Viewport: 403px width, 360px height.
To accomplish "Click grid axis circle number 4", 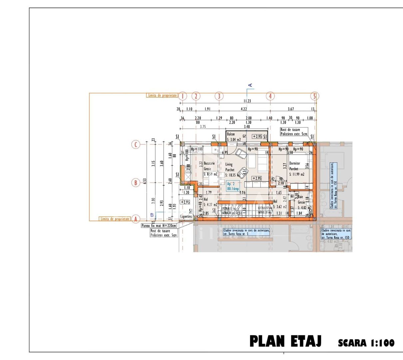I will [x=270, y=96].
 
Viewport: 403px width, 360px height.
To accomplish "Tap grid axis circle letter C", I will [x=136, y=145].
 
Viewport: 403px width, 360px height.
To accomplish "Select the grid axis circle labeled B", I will [x=136, y=183].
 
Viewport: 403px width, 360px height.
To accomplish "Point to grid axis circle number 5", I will [x=314, y=96].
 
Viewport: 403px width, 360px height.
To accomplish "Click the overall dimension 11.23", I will [x=247, y=101].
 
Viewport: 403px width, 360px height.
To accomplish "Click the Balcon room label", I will [x=231, y=134].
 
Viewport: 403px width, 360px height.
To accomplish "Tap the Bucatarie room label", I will [x=209, y=164].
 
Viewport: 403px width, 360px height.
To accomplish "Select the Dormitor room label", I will [x=295, y=164].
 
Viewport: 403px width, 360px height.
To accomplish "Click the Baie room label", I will [x=301, y=197].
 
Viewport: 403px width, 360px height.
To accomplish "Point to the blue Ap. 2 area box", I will [x=233, y=186].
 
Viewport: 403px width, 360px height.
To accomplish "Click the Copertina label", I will [x=186, y=217].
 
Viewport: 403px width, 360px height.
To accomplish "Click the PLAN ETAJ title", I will [x=285, y=341].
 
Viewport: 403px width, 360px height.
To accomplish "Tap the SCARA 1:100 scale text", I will [x=366, y=343].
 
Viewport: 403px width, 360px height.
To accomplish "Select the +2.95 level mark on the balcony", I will [x=257, y=136].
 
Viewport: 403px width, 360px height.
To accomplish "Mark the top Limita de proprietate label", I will [x=162, y=96].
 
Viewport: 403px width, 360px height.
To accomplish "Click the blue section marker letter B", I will [x=152, y=215].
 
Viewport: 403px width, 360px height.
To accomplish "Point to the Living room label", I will [x=229, y=165].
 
